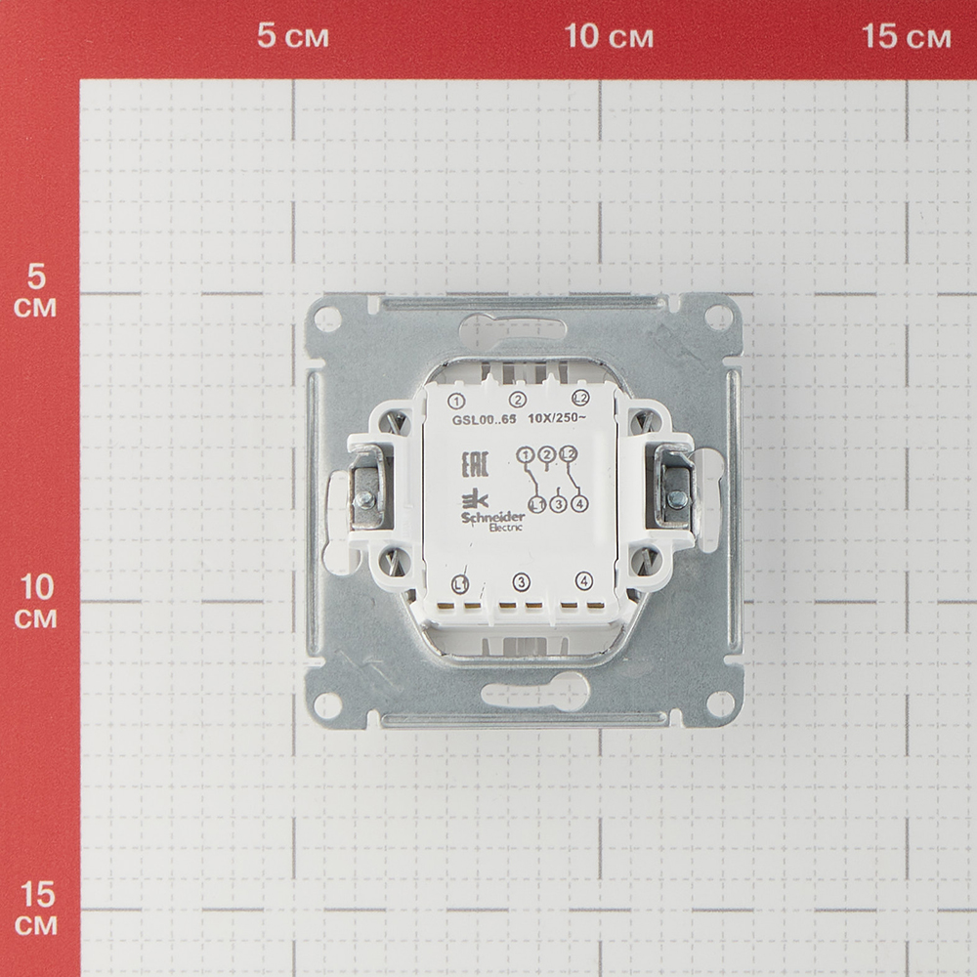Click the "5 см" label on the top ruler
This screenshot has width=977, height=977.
pyautogui.click(x=293, y=35)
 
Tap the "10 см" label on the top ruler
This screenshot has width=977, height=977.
pyautogui.click(x=609, y=35)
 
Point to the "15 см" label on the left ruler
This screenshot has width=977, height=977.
pyautogui.click(x=36, y=909)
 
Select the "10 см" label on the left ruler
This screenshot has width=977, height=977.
pyautogui.click(x=36, y=601)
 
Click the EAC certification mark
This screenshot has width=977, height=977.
pyautogui.click(x=475, y=463)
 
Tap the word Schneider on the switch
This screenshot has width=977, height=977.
pyautogui.click(x=492, y=518)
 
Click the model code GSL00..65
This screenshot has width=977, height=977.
pyautogui.click(x=485, y=419)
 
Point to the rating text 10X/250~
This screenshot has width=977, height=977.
pyautogui.click(x=557, y=418)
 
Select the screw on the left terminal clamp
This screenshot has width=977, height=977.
pyautogui.click(x=363, y=498)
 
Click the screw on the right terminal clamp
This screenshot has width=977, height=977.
pyautogui.click(x=677, y=497)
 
